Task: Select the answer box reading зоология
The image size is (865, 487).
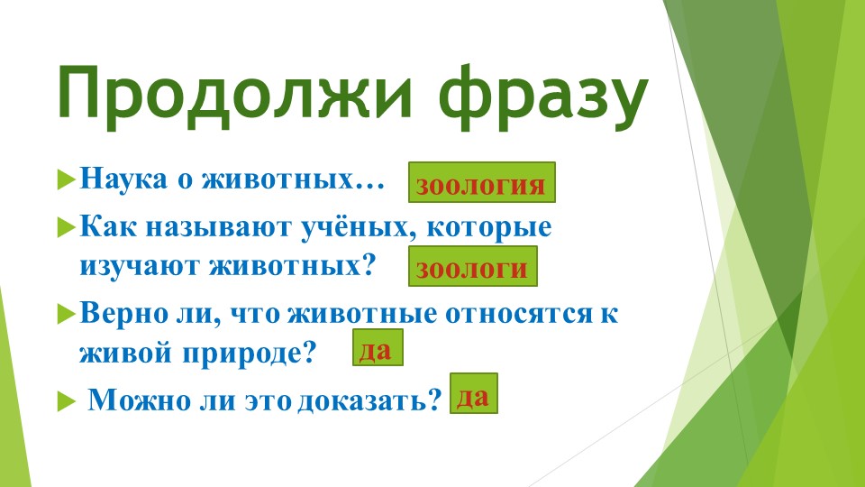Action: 482,183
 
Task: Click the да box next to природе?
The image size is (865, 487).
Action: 377,348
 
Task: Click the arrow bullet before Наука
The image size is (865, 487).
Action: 64,178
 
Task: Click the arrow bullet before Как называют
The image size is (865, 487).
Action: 64,227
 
